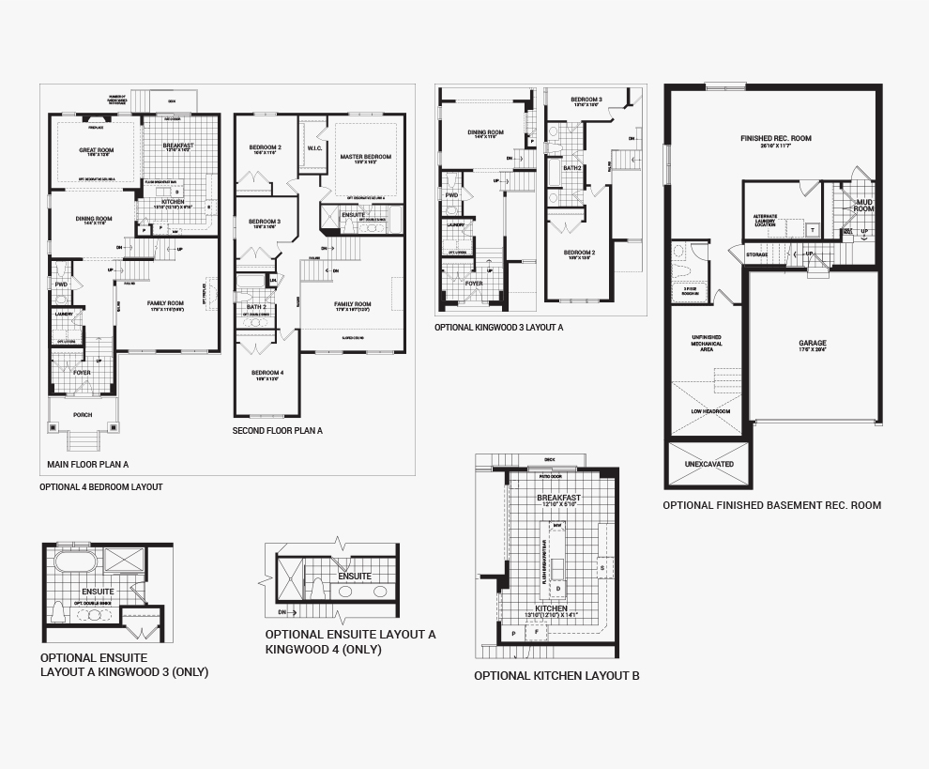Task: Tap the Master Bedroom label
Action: pyautogui.click(x=366, y=157)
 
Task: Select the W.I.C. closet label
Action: pyautogui.click(x=314, y=147)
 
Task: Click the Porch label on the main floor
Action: pyautogui.click(x=84, y=414)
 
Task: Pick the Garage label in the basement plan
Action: pyautogui.click(x=813, y=344)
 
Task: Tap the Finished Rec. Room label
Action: pyautogui.click(x=775, y=139)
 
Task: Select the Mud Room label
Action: pyautogui.click(x=863, y=205)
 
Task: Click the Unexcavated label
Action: pyautogui.click(x=708, y=464)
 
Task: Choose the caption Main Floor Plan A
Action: pyautogui.click(x=88, y=464)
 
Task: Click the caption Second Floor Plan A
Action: pyautogui.click(x=277, y=430)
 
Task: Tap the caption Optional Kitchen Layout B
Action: pyautogui.click(x=556, y=675)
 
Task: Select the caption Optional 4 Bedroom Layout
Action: pyautogui.click(x=100, y=487)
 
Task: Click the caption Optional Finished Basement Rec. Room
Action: pyautogui.click(x=771, y=505)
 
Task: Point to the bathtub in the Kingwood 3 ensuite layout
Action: pyautogui.click(x=73, y=562)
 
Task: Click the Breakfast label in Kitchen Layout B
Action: pyautogui.click(x=558, y=498)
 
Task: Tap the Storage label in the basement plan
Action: pyautogui.click(x=757, y=254)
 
